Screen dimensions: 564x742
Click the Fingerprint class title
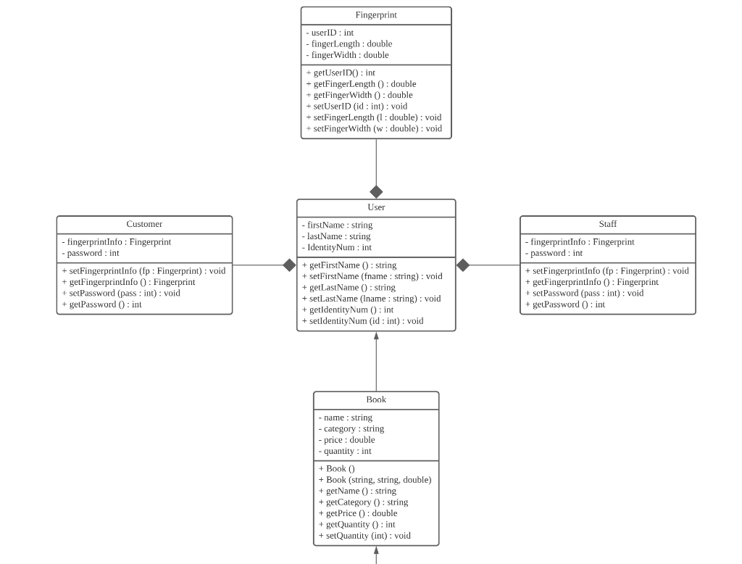[x=376, y=15]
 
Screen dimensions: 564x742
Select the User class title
[x=376, y=207]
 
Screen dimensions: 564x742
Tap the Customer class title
[x=144, y=224]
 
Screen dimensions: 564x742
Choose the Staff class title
[x=607, y=224]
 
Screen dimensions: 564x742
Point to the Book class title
[x=376, y=399]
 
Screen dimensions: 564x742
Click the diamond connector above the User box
[x=376, y=192]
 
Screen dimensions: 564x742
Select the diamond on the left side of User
[x=289, y=265]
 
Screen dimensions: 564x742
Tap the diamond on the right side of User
[x=463, y=265]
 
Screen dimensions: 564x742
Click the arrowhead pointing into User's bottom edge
[x=376, y=336]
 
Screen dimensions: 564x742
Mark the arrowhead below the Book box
[x=376, y=551]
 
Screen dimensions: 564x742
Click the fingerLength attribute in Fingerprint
[x=349, y=43]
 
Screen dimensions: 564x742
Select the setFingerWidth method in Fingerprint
[x=374, y=128]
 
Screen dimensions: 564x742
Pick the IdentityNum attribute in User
[x=336, y=247]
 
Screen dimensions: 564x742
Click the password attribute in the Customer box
[x=91, y=253]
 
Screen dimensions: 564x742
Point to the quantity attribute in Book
[x=345, y=451]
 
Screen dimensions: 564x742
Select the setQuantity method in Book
[x=364, y=536]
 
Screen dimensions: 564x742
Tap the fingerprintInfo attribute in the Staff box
[x=580, y=242]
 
